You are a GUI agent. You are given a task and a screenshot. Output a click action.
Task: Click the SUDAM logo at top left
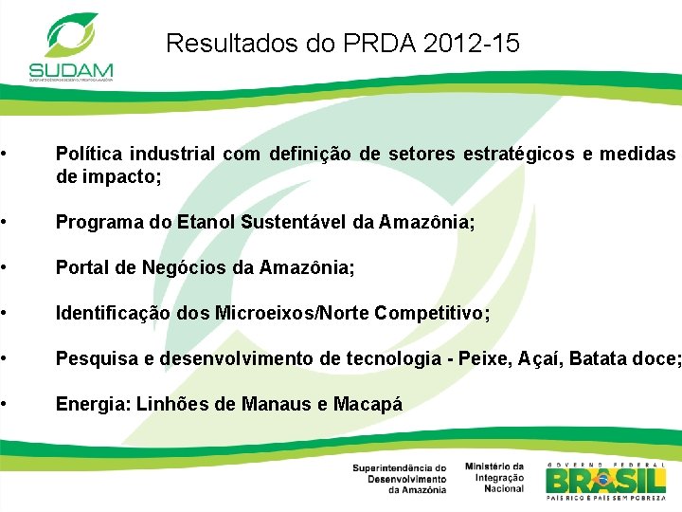(71, 46)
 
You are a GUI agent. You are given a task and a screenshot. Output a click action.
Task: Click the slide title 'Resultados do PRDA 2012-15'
(342, 43)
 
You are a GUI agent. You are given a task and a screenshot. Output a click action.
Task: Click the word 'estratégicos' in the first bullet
(515, 154)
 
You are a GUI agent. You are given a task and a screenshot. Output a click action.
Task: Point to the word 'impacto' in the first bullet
(121, 176)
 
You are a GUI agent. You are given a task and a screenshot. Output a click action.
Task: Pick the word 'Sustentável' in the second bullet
(289, 222)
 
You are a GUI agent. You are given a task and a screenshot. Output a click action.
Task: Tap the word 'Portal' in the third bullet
(81, 268)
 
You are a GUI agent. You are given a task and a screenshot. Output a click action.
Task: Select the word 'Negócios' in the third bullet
(180, 268)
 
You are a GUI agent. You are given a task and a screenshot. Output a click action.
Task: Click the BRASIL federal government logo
(606, 481)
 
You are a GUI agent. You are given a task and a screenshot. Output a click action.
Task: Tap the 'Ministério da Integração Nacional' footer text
(494, 477)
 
